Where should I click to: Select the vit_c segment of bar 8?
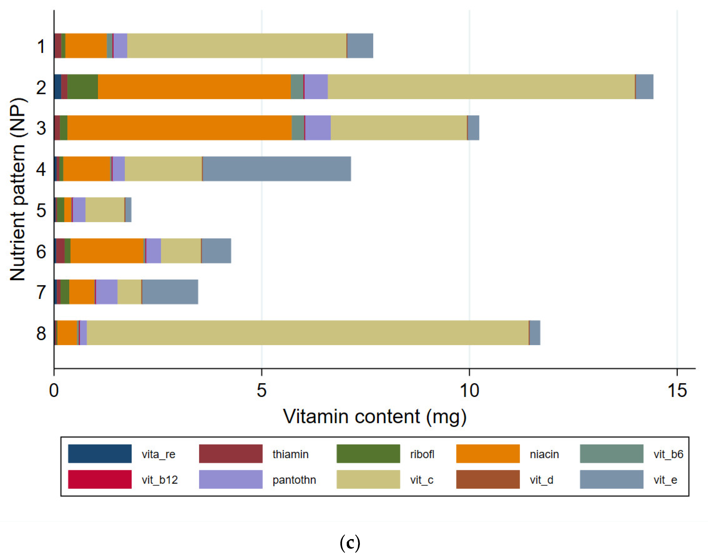pyautogui.click(x=307, y=333)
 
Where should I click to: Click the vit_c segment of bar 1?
pyautogui.click(x=237, y=46)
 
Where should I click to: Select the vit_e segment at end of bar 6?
pyautogui.click(x=216, y=251)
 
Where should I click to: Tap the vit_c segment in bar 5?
pyautogui.click(x=105, y=210)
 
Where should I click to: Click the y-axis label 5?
pyautogui.click(x=41, y=210)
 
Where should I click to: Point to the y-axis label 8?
pyautogui.click(x=41, y=333)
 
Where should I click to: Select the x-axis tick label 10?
pyautogui.click(x=469, y=390)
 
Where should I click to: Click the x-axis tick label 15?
pyautogui.click(x=677, y=390)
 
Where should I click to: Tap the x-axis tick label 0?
pyautogui.click(x=54, y=390)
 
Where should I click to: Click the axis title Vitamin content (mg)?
pyautogui.click(x=374, y=416)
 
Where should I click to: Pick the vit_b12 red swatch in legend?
pyautogui.click(x=100, y=479)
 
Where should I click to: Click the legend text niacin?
pyautogui.click(x=544, y=454)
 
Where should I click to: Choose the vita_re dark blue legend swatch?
pyautogui.click(x=100, y=454)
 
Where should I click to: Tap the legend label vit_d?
pyautogui.click(x=541, y=480)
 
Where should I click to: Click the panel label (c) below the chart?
pyautogui.click(x=350, y=543)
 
